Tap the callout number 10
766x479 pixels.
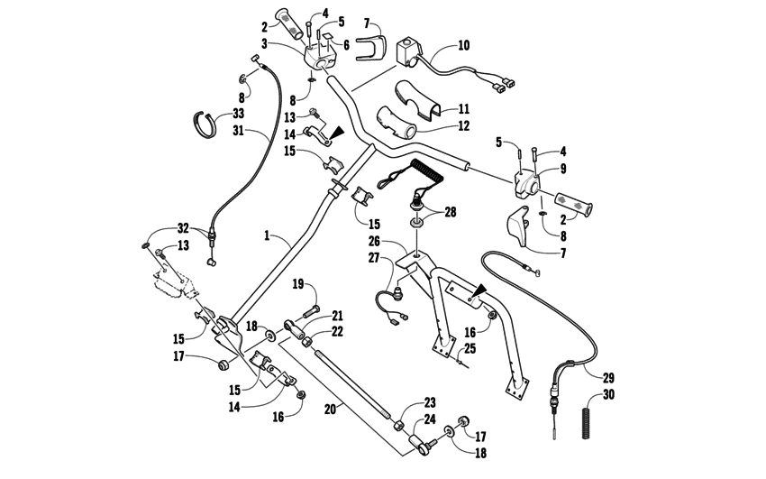click(463, 44)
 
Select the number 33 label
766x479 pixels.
click(238, 114)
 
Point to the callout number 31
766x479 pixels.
click(238, 132)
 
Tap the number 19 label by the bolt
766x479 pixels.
click(296, 285)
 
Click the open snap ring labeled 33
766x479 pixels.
click(209, 124)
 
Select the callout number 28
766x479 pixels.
click(449, 212)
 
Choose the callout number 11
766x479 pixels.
click(463, 106)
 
